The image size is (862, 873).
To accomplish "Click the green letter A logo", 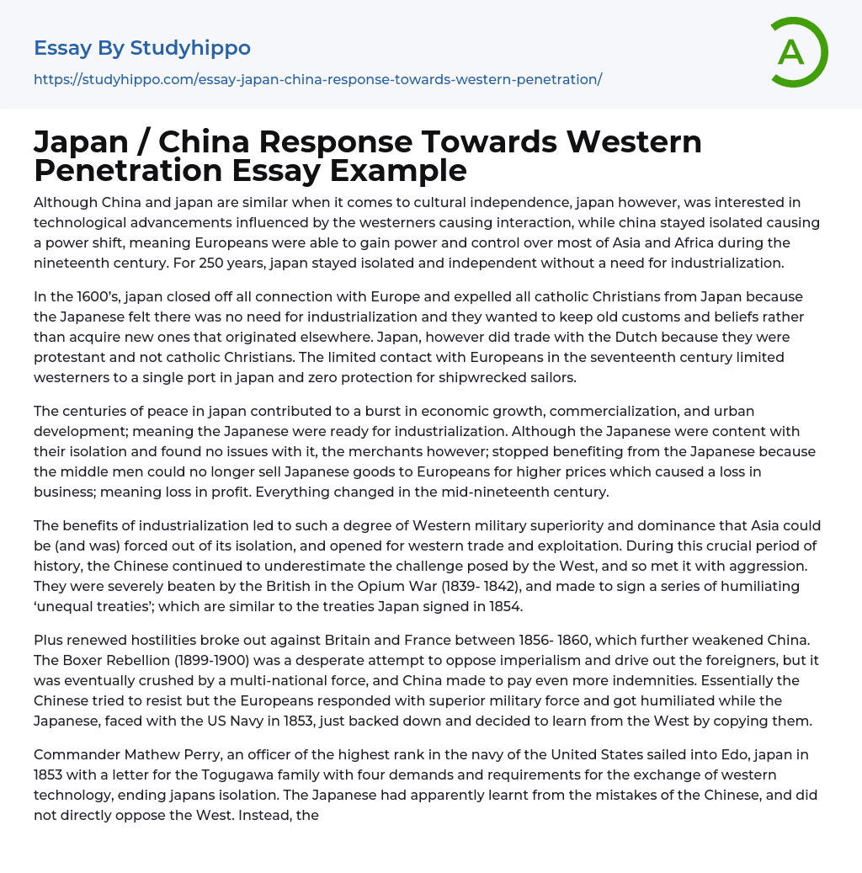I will tap(798, 52).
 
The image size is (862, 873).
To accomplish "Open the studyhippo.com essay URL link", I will tap(317, 79).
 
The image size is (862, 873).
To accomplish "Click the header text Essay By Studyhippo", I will tap(142, 48).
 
